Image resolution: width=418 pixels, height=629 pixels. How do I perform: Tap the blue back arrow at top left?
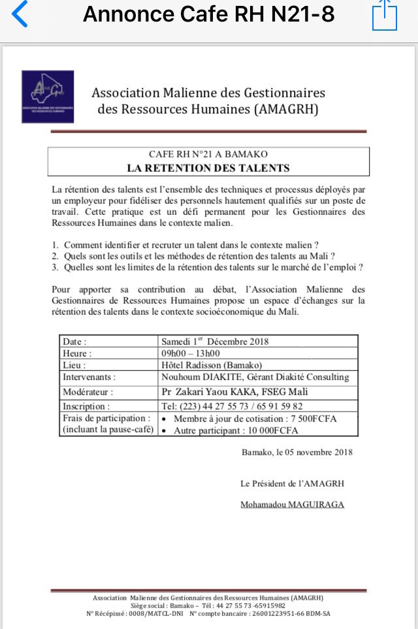tap(20, 14)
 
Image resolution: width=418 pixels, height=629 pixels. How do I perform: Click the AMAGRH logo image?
tap(48, 97)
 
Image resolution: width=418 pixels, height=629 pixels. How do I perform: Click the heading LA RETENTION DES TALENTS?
tap(208, 168)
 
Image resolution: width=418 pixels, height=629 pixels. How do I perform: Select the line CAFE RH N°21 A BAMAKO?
tap(208, 155)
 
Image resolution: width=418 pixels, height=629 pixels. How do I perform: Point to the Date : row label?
tap(74, 342)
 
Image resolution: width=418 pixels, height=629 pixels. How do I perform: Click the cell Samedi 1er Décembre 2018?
tap(215, 342)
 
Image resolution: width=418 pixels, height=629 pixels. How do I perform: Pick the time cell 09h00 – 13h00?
tap(191, 353)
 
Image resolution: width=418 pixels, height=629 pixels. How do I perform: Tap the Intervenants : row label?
tap(89, 377)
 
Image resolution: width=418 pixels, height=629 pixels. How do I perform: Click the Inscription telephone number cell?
tap(232, 406)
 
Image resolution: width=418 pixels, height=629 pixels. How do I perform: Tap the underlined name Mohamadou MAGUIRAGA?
tap(292, 504)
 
